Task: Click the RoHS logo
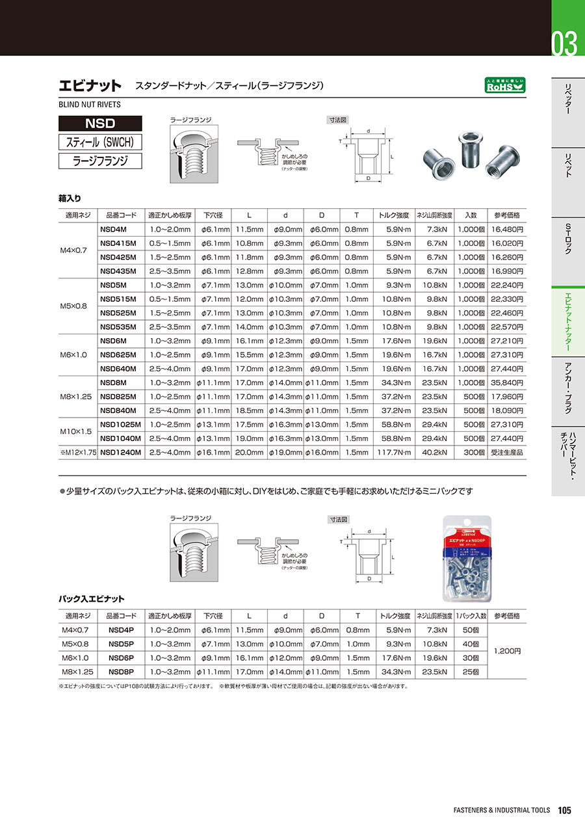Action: pyautogui.click(x=505, y=85)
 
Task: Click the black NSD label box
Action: pyautogui.click(x=99, y=123)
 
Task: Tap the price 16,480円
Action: pyautogui.click(x=508, y=229)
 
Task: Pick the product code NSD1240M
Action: pyautogui.click(x=121, y=452)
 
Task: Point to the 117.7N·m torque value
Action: pyautogui.click(x=393, y=452)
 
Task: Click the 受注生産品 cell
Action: pyautogui.click(x=508, y=452)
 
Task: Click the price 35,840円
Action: pyautogui.click(x=508, y=382)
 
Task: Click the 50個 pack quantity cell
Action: pyautogui.click(x=469, y=630)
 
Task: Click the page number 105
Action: pyautogui.click(x=564, y=810)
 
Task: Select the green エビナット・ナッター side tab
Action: pyautogui.click(x=567, y=322)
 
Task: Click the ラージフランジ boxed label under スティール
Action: pyautogui.click(x=99, y=161)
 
